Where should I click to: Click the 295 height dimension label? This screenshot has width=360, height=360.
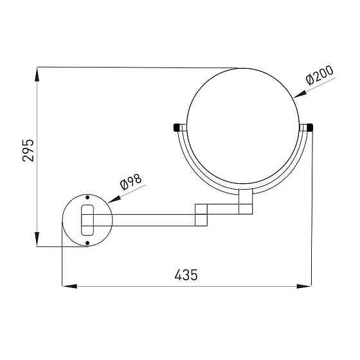point(28,150)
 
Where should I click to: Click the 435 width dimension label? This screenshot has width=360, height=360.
point(186,274)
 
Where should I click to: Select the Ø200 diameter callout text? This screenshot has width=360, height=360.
point(319,75)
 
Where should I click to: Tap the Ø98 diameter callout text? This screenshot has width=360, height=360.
point(131,182)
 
